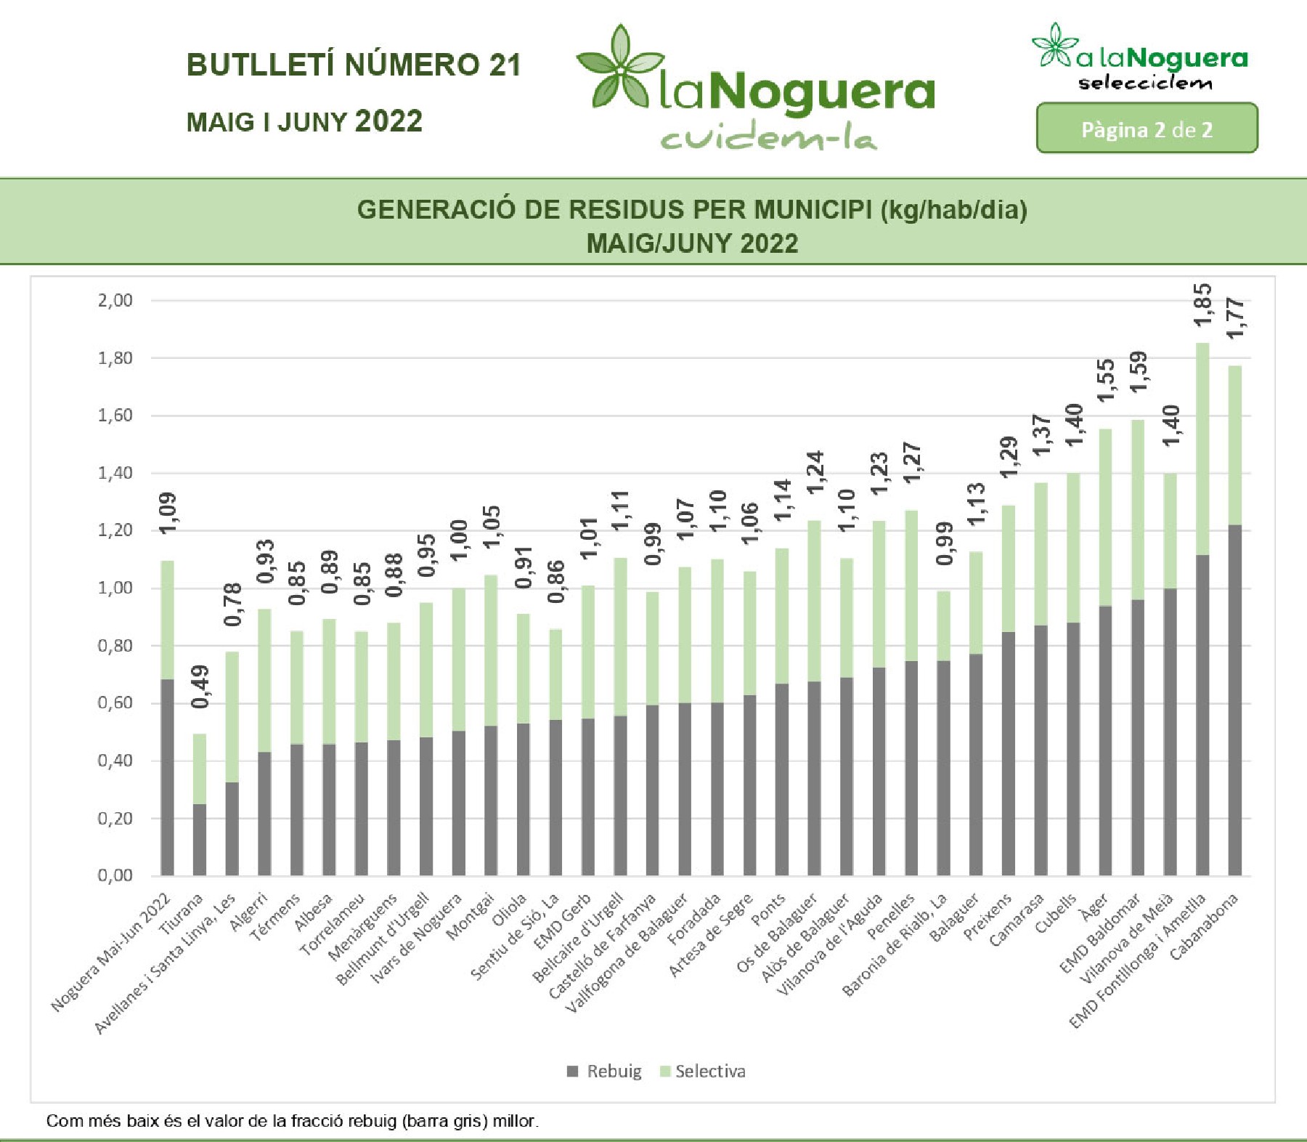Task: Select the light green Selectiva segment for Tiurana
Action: coord(199,769)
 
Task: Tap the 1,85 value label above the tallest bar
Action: coord(1202,304)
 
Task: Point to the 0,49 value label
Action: coord(200,686)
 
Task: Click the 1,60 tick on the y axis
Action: coord(115,416)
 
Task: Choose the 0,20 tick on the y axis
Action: coord(115,819)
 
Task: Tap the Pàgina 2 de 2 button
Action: coord(1147,129)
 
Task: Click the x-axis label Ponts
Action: coord(768,910)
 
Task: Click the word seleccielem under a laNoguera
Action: coord(1144,83)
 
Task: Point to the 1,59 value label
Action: coord(1138,370)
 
